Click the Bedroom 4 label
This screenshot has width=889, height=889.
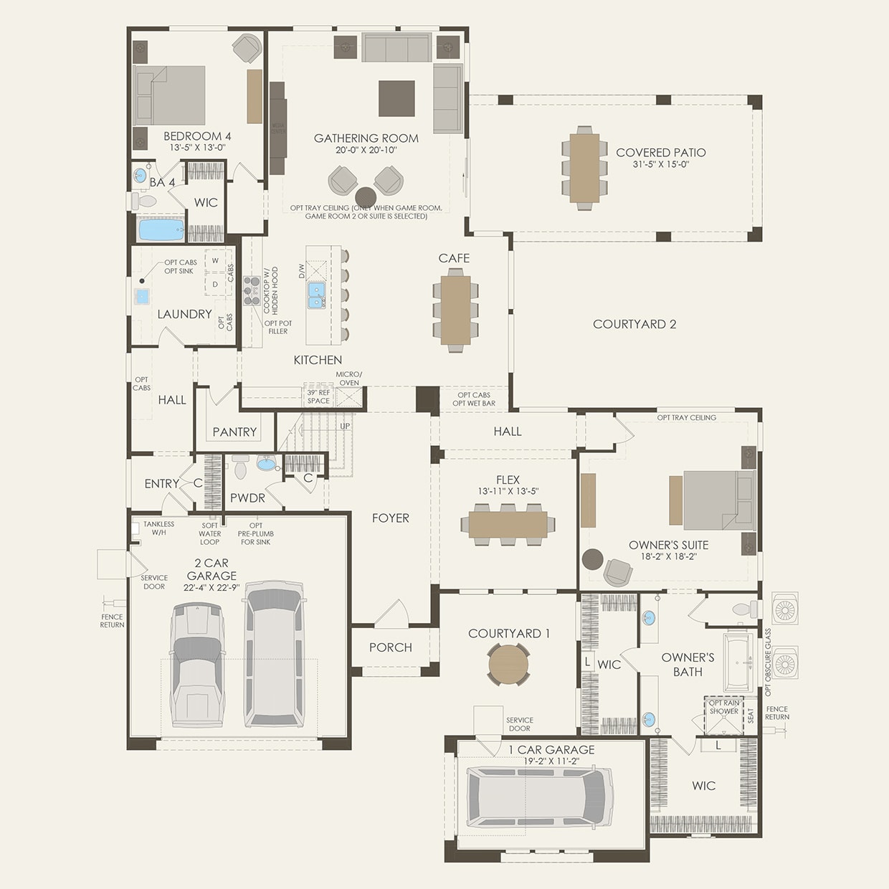[x=197, y=136]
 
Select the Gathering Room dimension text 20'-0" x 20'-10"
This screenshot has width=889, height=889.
[x=366, y=151]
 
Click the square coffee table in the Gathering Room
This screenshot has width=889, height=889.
[x=396, y=98]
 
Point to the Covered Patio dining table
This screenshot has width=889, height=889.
[x=585, y=168]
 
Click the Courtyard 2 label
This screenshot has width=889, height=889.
[x=634, y=324]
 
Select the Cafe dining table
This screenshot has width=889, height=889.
[x=455, y=309]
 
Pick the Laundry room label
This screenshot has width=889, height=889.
[x=184, y=314]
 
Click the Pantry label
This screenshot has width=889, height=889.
[x=234, y=432]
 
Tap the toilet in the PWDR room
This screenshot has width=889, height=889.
[x=240, y=467]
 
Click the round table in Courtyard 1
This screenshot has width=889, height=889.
[x=508, y=664]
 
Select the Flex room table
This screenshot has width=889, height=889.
[x=508, y=524]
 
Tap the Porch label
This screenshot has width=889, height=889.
[x=390, y=647]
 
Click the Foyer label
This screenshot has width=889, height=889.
[x=390, y=518]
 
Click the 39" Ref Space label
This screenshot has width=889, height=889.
[x=318, y=396]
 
